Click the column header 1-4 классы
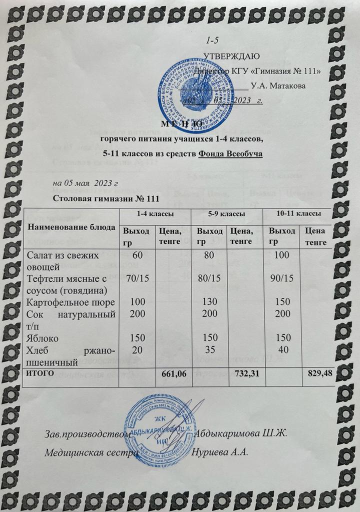[155, 213]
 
